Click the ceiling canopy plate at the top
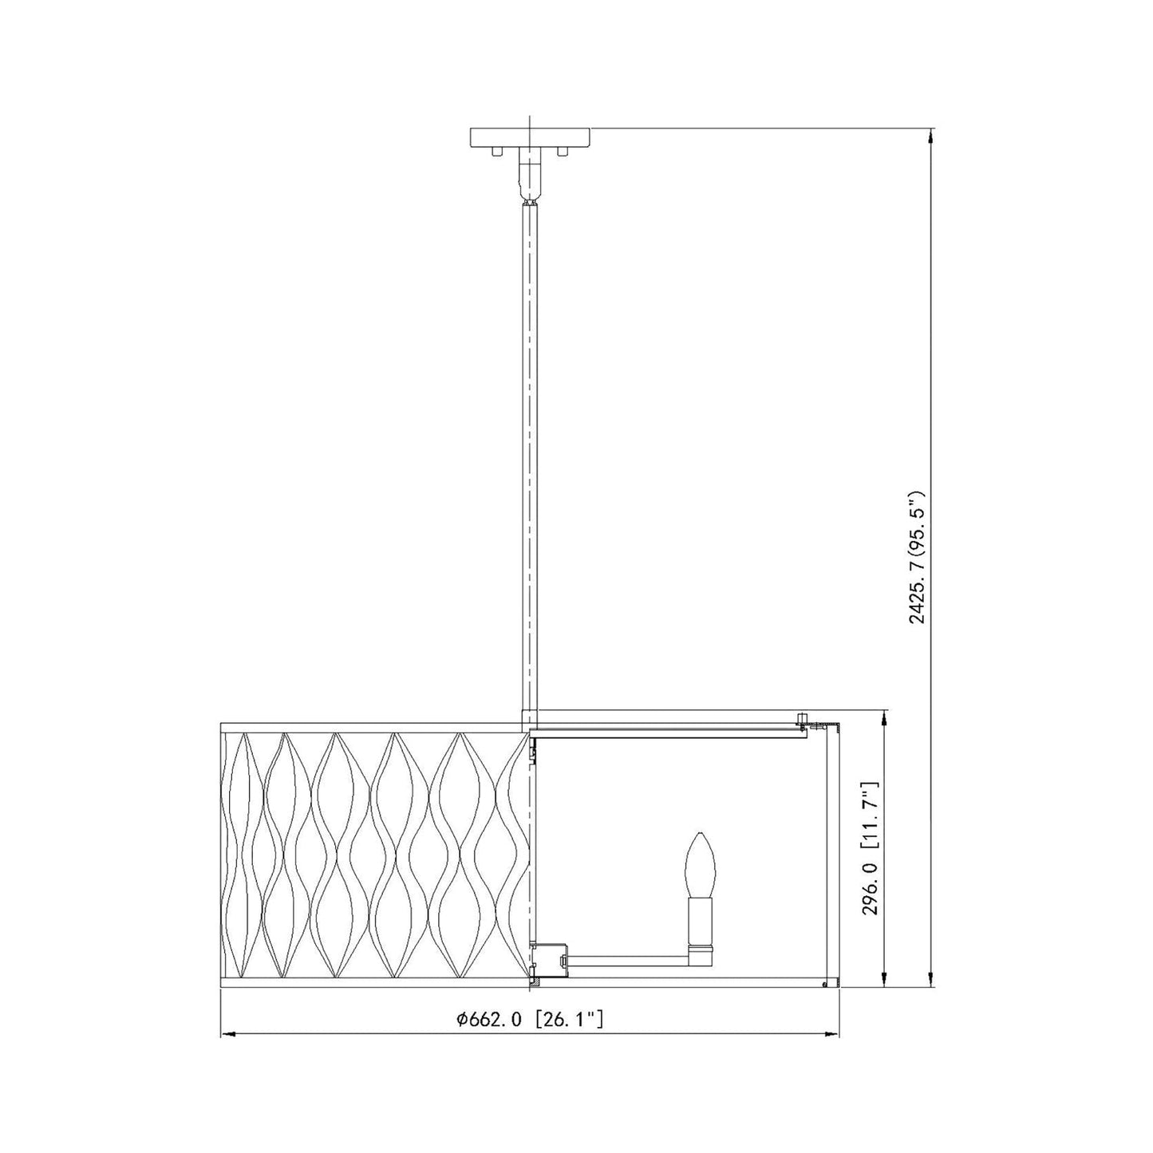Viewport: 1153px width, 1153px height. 530,137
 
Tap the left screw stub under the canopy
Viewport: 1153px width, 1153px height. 496,152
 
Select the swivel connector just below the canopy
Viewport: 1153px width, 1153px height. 530,176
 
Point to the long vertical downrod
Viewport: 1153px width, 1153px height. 530,458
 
